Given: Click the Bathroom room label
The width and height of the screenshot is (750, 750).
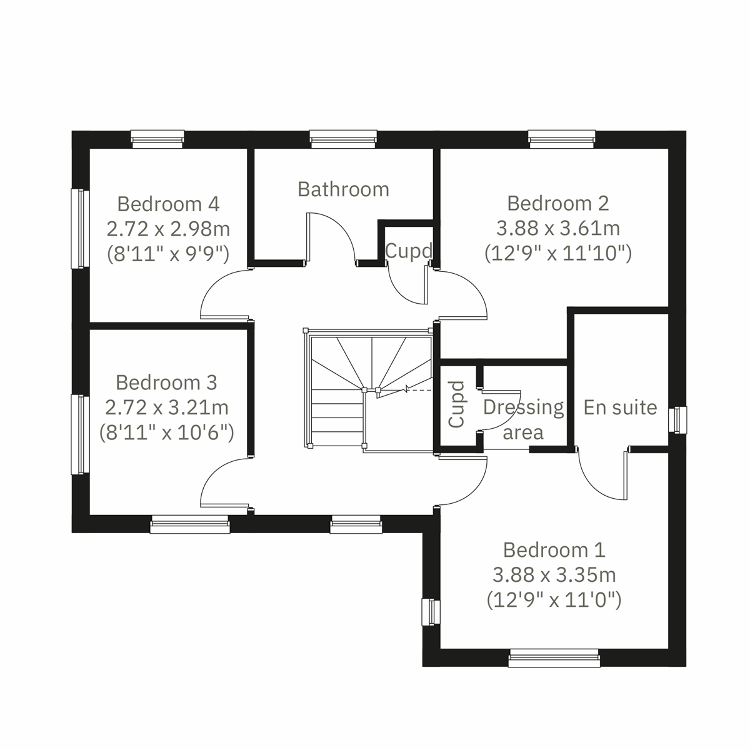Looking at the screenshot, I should pyautogui.click(x=343, y=189).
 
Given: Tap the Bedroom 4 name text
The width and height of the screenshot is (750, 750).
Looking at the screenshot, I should pyautogui.click(x=168, y=204).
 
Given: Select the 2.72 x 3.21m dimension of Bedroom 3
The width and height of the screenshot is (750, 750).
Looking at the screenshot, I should pyautogui.click(x=167, y=407).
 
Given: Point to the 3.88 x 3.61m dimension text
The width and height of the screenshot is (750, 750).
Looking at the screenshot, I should pyautogui.click(x=558, y=228).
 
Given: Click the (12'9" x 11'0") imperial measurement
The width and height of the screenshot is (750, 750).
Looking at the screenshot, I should pyautogui.click(x=554, y=600).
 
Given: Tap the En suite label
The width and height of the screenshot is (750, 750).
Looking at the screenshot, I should pyautogui.click(x=620, y=407).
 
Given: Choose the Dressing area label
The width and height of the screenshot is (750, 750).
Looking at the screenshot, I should pyautogui.click(x=524, y=419).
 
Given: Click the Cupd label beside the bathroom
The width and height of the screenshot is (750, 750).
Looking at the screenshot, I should pyautogui.click(x=408, y=251).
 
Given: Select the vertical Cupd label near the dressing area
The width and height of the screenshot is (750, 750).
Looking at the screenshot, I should pyautogui.click(x=456, y=404).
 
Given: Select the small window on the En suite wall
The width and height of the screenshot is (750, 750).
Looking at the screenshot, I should pyautogui.click(x=677, y=419).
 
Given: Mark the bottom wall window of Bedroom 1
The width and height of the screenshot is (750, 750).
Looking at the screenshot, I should pyautogui.click(x=553, y=658).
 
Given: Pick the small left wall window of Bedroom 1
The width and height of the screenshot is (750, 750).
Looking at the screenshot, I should pyautogui.click(x=431, y=612).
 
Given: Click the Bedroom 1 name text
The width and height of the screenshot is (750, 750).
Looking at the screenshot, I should pyautogui.click(x=554, y=550).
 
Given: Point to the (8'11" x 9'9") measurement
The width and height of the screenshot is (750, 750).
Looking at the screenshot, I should pyautogui.click(x=168, y=254).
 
